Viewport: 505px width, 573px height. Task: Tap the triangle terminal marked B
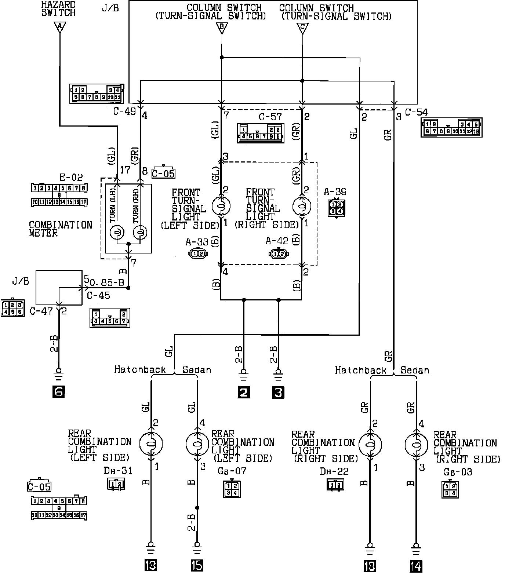coord(222,28)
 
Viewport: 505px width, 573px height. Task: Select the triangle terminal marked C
coord(302,28)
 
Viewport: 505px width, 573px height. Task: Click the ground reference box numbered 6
coord(59,392)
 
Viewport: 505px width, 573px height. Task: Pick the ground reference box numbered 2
coord(243,393)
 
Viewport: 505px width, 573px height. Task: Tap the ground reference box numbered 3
coord(278,393)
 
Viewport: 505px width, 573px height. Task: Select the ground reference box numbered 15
coord(197,565)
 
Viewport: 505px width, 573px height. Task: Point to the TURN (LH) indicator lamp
coord(117,232)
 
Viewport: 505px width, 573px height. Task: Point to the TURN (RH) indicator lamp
coord(140,232)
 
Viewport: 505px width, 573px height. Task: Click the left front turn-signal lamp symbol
coord(221,206)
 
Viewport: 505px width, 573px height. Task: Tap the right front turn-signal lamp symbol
coord(302,206)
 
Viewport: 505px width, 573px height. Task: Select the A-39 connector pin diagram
coord(336,208)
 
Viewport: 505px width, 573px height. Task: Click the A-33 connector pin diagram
coord(198,253)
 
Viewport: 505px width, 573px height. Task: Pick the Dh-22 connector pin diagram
coord(335,485)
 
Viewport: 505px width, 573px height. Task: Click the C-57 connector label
coord(270,117)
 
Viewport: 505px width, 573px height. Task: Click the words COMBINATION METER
coord(61,229)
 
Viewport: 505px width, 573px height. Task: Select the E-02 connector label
coord(71,178)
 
